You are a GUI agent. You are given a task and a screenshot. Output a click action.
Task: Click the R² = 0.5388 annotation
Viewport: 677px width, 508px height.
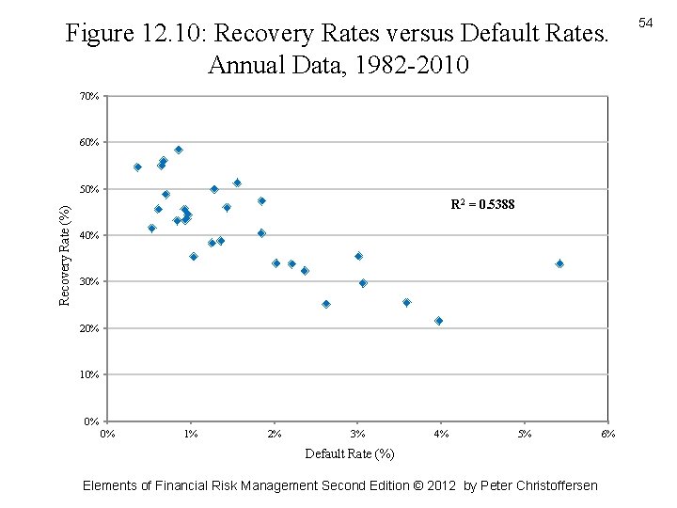point(482,204)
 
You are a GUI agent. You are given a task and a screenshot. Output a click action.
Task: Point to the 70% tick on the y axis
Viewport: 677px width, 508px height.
point(89,96)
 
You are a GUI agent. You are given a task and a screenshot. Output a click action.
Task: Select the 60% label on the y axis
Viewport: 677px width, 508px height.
point(89,142)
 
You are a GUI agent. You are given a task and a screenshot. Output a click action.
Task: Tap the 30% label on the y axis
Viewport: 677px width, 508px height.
point(89,281)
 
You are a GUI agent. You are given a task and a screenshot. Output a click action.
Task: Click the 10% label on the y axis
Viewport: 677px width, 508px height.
point(89,374)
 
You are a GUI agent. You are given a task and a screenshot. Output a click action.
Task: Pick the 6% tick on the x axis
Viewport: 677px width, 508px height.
point(608,434)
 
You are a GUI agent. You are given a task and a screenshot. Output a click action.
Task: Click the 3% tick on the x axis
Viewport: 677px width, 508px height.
point(357,434)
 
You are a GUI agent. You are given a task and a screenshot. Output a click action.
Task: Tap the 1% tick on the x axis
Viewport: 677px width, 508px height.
point(191,434)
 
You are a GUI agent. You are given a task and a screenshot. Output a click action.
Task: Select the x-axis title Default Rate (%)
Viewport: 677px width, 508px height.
point(350,454)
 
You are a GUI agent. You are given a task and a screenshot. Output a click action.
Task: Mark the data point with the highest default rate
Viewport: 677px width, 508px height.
point(559,264)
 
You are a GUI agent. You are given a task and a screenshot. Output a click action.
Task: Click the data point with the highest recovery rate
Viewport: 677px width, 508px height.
point(179,150)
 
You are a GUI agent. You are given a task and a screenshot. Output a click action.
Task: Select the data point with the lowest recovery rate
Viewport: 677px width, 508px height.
point(438,321)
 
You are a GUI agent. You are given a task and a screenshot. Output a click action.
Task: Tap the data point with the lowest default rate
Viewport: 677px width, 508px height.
point(137,167)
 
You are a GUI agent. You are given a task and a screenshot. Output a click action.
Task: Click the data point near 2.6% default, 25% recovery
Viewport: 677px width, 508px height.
point(326,304)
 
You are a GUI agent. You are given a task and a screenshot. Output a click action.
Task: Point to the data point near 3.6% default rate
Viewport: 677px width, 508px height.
point(406,303)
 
